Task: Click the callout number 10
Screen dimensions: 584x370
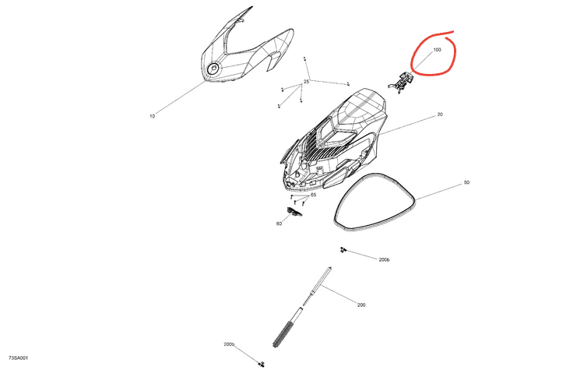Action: tap(152, 116)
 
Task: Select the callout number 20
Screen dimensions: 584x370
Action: tap(440, 115)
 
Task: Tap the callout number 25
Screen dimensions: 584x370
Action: tap(306, 82)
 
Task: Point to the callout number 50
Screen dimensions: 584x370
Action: tap(466, 182)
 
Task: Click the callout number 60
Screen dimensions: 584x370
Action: tap(279, 224)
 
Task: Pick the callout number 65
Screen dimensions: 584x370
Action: tap(313, 195)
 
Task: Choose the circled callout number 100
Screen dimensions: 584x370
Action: tap(438, 50)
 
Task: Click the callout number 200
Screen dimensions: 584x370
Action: tap(361, 305)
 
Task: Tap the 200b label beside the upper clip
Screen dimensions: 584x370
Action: tap(384, 259)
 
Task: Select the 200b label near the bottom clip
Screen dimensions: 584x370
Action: tap(229, 344)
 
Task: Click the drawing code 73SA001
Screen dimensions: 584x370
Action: tap(19, 358)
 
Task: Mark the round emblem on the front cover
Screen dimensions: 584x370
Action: tap(214, 69)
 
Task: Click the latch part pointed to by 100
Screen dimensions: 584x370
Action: tap(401, 83)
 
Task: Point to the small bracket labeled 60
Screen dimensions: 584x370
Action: tap(294, 212)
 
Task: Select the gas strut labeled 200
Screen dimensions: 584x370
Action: tap(302, 307)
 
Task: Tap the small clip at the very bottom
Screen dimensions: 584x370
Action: tap(262, 364)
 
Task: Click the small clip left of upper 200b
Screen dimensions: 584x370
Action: tap(343, 249)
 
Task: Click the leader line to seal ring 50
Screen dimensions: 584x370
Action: tap(439, 191)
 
